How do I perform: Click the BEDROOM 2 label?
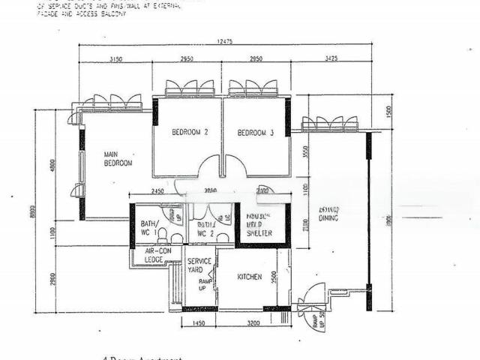(x=190, y=133)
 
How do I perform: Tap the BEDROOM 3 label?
(x=256, y=133)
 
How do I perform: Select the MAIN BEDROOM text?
(x=118, y=158)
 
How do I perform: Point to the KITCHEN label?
(x=250, y=277)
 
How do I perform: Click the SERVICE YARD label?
(x=199, y=265)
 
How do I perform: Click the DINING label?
(x=328, y=218)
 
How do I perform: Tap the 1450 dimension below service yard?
(x=199, y=322)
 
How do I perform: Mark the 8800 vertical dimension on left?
(x=31, y=212)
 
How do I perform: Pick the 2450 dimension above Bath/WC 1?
(x=157, y=190)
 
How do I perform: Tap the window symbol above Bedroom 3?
(x=253, y=88)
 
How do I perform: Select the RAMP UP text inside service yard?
(x=202, y=283)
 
